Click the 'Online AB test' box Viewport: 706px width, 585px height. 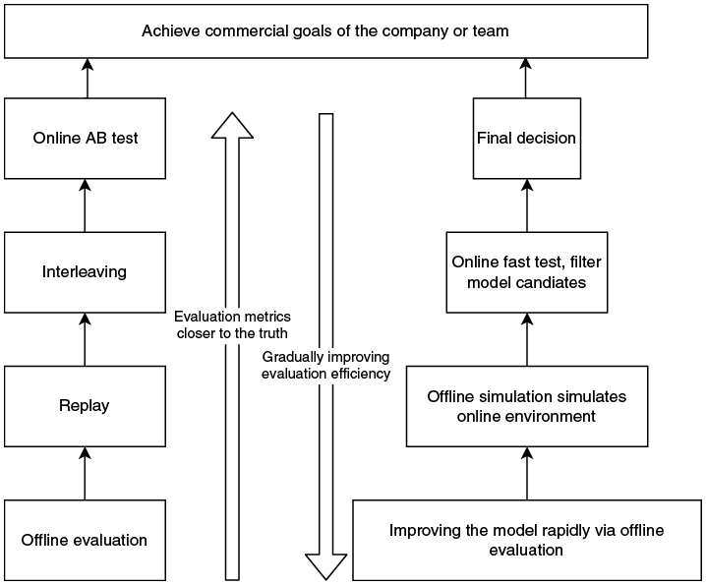[x=86, y=139]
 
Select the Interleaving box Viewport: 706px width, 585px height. [x=86, y=272]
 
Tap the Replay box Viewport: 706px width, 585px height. [x=86, y=406]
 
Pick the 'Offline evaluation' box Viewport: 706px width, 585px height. [x=86, y=540]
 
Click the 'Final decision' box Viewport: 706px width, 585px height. [x=527, y=139]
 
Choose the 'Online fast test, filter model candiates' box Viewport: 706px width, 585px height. [x=527, y=272]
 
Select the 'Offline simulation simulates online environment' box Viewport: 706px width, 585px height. [x=527, y=406]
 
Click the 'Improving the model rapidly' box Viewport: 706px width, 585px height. [x=527, y=540]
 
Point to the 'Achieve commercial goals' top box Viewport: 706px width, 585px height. [x=326, y=31]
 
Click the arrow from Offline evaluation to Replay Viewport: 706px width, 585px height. [x=85, y=473]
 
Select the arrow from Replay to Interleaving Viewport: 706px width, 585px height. [x=85, y=339]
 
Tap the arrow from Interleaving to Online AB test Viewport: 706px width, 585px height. [x=85, y=205]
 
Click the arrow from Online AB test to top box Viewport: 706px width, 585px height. [x=88, y=79]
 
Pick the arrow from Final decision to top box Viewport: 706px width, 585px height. [x=525, y=79]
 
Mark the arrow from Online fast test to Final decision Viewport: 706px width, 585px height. [x=527, y=205]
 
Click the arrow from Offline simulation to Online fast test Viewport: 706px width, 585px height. [x=527, y=339]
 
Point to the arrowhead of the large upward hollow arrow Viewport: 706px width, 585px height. [x=232, y=126]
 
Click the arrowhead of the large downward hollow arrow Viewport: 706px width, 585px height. [x=326, y=566]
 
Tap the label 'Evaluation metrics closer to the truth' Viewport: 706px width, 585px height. [x=232, y=324]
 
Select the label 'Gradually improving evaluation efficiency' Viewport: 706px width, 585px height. [x=326, y=365]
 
